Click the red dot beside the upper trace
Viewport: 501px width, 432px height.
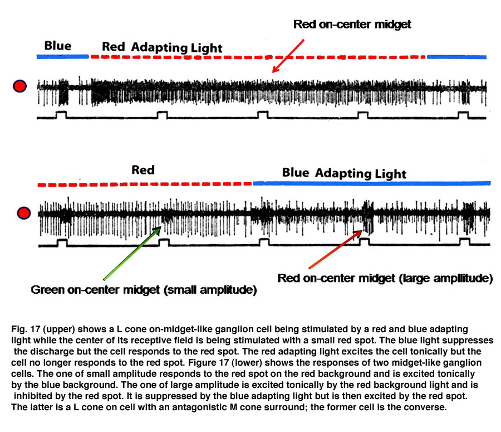[19, 86]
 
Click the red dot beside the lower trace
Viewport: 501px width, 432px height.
[23, 213]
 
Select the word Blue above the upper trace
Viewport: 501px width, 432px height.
[58, 46]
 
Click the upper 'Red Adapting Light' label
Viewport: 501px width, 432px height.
[162, 47]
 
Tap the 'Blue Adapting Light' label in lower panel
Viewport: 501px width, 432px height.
[344, 173]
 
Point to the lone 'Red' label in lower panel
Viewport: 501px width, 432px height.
[143, 170]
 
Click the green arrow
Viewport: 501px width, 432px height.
[132, 253]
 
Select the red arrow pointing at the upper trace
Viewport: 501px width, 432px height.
[288, 56]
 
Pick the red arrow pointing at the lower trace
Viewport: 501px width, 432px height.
[336, 249]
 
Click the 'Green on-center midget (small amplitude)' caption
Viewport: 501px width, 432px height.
[144, 290]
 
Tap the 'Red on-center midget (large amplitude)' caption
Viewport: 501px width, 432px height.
[385, 278]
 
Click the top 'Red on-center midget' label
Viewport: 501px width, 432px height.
[352, 25]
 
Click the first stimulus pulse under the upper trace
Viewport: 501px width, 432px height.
[61, 115]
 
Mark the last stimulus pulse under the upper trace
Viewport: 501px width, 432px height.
[463, 115]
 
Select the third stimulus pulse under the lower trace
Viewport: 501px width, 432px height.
[264, 242]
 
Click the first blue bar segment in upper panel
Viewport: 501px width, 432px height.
[62, 57]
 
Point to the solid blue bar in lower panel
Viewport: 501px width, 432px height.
[372, 183]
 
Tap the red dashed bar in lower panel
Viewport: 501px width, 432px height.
[145, 185]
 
